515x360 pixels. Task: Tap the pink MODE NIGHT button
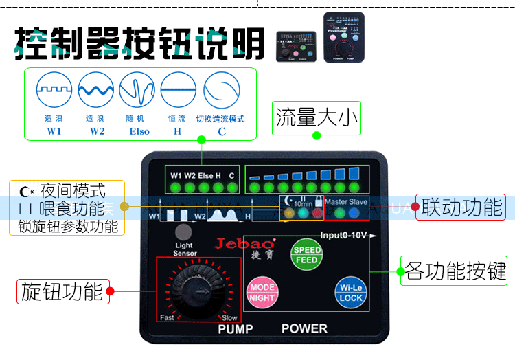coord(262,293)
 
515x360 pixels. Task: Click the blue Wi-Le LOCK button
coord(351,293)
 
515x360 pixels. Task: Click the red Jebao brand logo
coord(244,243)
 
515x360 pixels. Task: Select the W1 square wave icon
coord(54,89)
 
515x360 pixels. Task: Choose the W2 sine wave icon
coord(95,89)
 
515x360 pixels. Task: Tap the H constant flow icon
coord(178,89)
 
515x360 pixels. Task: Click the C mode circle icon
coord(221,89)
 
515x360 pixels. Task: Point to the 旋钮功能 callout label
coord(62,291)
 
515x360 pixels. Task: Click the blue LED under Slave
coord(354,213)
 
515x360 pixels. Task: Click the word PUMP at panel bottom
coord(236,328)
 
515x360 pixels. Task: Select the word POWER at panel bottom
coord(304,328)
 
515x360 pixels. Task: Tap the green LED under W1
coord(176,188)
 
